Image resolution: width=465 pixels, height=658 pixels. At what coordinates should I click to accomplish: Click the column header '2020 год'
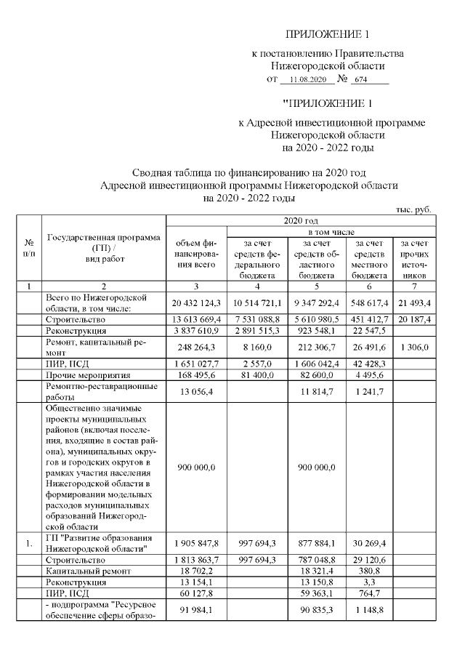pos(300,220)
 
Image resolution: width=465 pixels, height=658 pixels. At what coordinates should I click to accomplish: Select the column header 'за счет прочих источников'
pos(413,258)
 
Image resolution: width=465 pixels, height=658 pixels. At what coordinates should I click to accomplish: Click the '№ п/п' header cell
pos(28,248)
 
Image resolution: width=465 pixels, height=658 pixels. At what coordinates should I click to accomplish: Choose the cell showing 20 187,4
pos(413,319)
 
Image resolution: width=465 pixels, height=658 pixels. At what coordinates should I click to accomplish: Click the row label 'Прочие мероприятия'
pos(82,376)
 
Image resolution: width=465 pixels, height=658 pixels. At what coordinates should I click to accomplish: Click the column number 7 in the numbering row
pos(413,286)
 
